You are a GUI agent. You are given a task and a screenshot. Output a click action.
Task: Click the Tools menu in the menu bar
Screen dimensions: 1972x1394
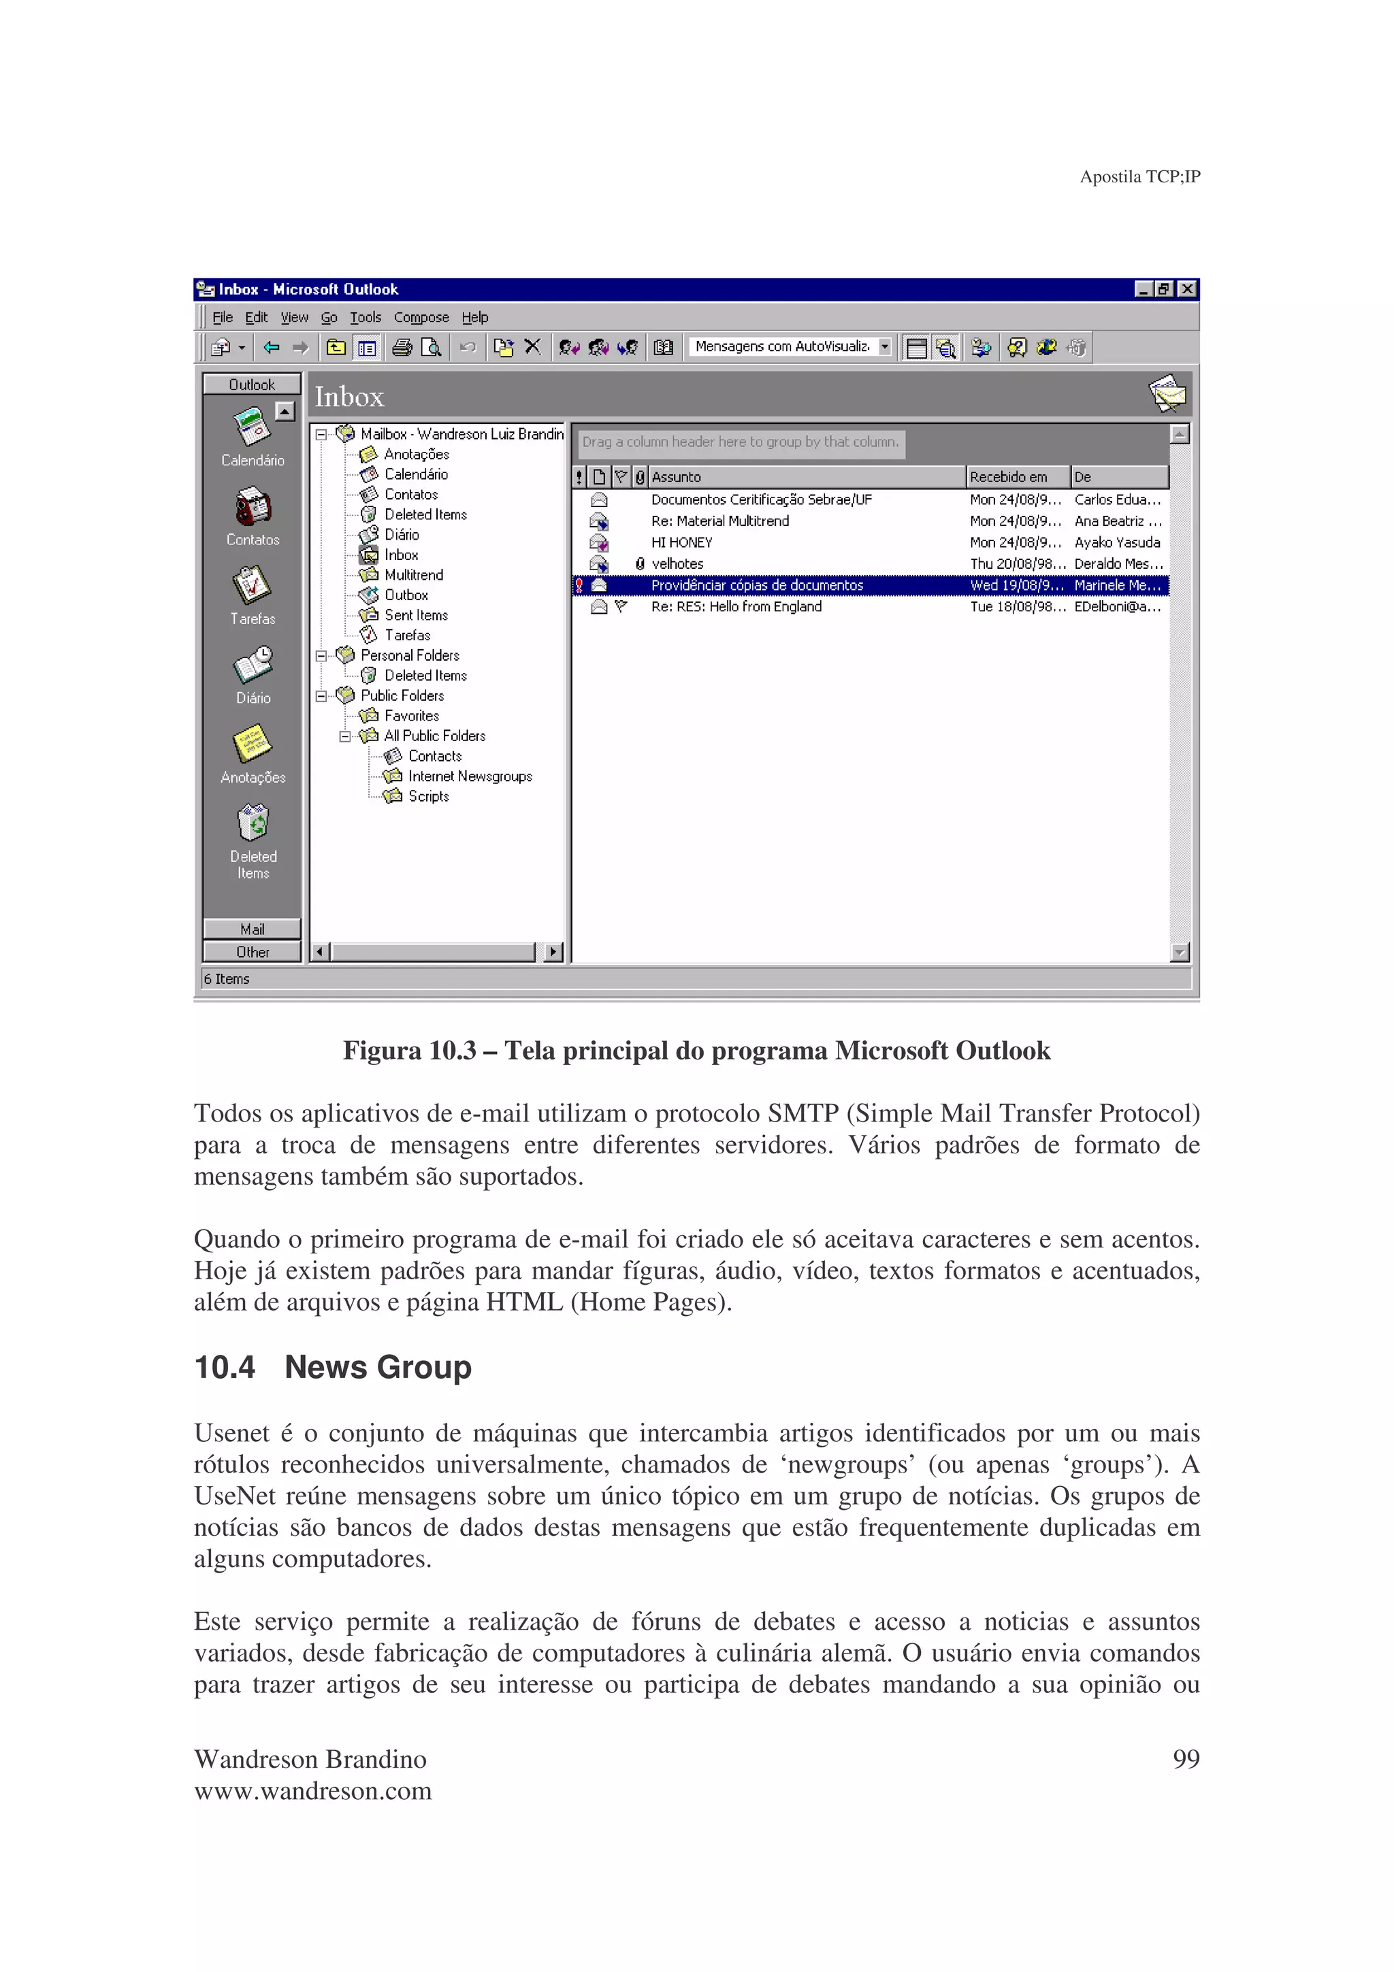click(365, 317)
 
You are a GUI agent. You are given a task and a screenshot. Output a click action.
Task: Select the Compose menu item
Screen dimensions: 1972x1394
click(421, 317)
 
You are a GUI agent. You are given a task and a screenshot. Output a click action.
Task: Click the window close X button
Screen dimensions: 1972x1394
click(1187, 289)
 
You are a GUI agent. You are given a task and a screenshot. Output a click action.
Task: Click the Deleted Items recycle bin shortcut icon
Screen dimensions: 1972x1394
click(253, 822)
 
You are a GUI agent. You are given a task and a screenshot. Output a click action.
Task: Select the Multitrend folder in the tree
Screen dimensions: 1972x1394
click(413, 574)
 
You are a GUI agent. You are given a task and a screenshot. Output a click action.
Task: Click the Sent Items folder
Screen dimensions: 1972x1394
click(416, 615)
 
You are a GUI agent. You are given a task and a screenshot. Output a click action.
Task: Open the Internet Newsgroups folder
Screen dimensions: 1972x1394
click(469, 776)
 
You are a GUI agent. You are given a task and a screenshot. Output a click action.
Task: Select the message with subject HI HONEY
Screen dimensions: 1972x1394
click(681, 542)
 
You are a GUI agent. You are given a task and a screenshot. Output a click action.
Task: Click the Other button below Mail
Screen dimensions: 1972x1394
click(253, 952)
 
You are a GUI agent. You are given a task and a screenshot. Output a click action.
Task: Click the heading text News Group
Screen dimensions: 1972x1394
click(377, 1366)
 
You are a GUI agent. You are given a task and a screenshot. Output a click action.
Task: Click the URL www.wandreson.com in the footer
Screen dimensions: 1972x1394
click(312, 1791)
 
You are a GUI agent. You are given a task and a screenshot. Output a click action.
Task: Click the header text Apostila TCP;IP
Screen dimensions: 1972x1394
click(1139, 176)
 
